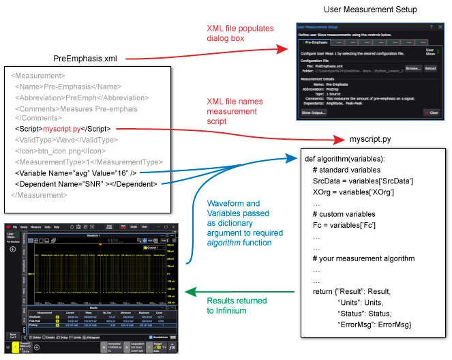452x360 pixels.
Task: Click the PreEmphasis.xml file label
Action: [x=86, y=59]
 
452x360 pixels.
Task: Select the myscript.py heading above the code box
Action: [x=370, y=139]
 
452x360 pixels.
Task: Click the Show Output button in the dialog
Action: [x=314, y=112]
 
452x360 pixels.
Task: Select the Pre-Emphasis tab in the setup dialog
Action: [x=318, y=42]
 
